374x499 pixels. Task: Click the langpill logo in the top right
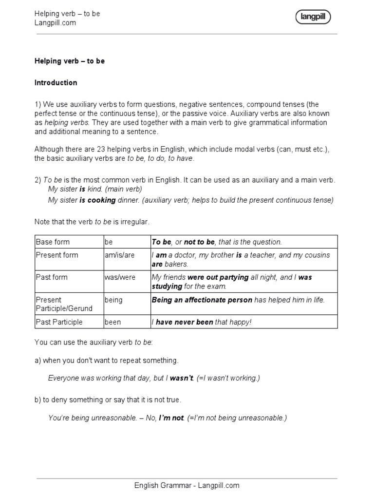(x=313, y=18)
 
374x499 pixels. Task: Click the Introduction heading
(x=56, y=83)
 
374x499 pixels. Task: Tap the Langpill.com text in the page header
(x=55, y=23)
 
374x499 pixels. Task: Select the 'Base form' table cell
(x=53, y=242)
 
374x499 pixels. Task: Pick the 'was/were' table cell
(x=119, y=277)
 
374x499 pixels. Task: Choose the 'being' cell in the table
(x=113, y=300)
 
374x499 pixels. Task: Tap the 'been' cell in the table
(x=113, y=322)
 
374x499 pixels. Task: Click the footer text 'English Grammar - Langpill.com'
(x=187, y=485)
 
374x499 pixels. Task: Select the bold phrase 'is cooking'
(x=98, y=200)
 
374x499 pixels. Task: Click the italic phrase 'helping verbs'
(x=67, y=122)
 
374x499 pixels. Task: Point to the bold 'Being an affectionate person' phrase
(x=202, y=300)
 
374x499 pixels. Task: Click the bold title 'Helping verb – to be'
(x=70, y=61)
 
